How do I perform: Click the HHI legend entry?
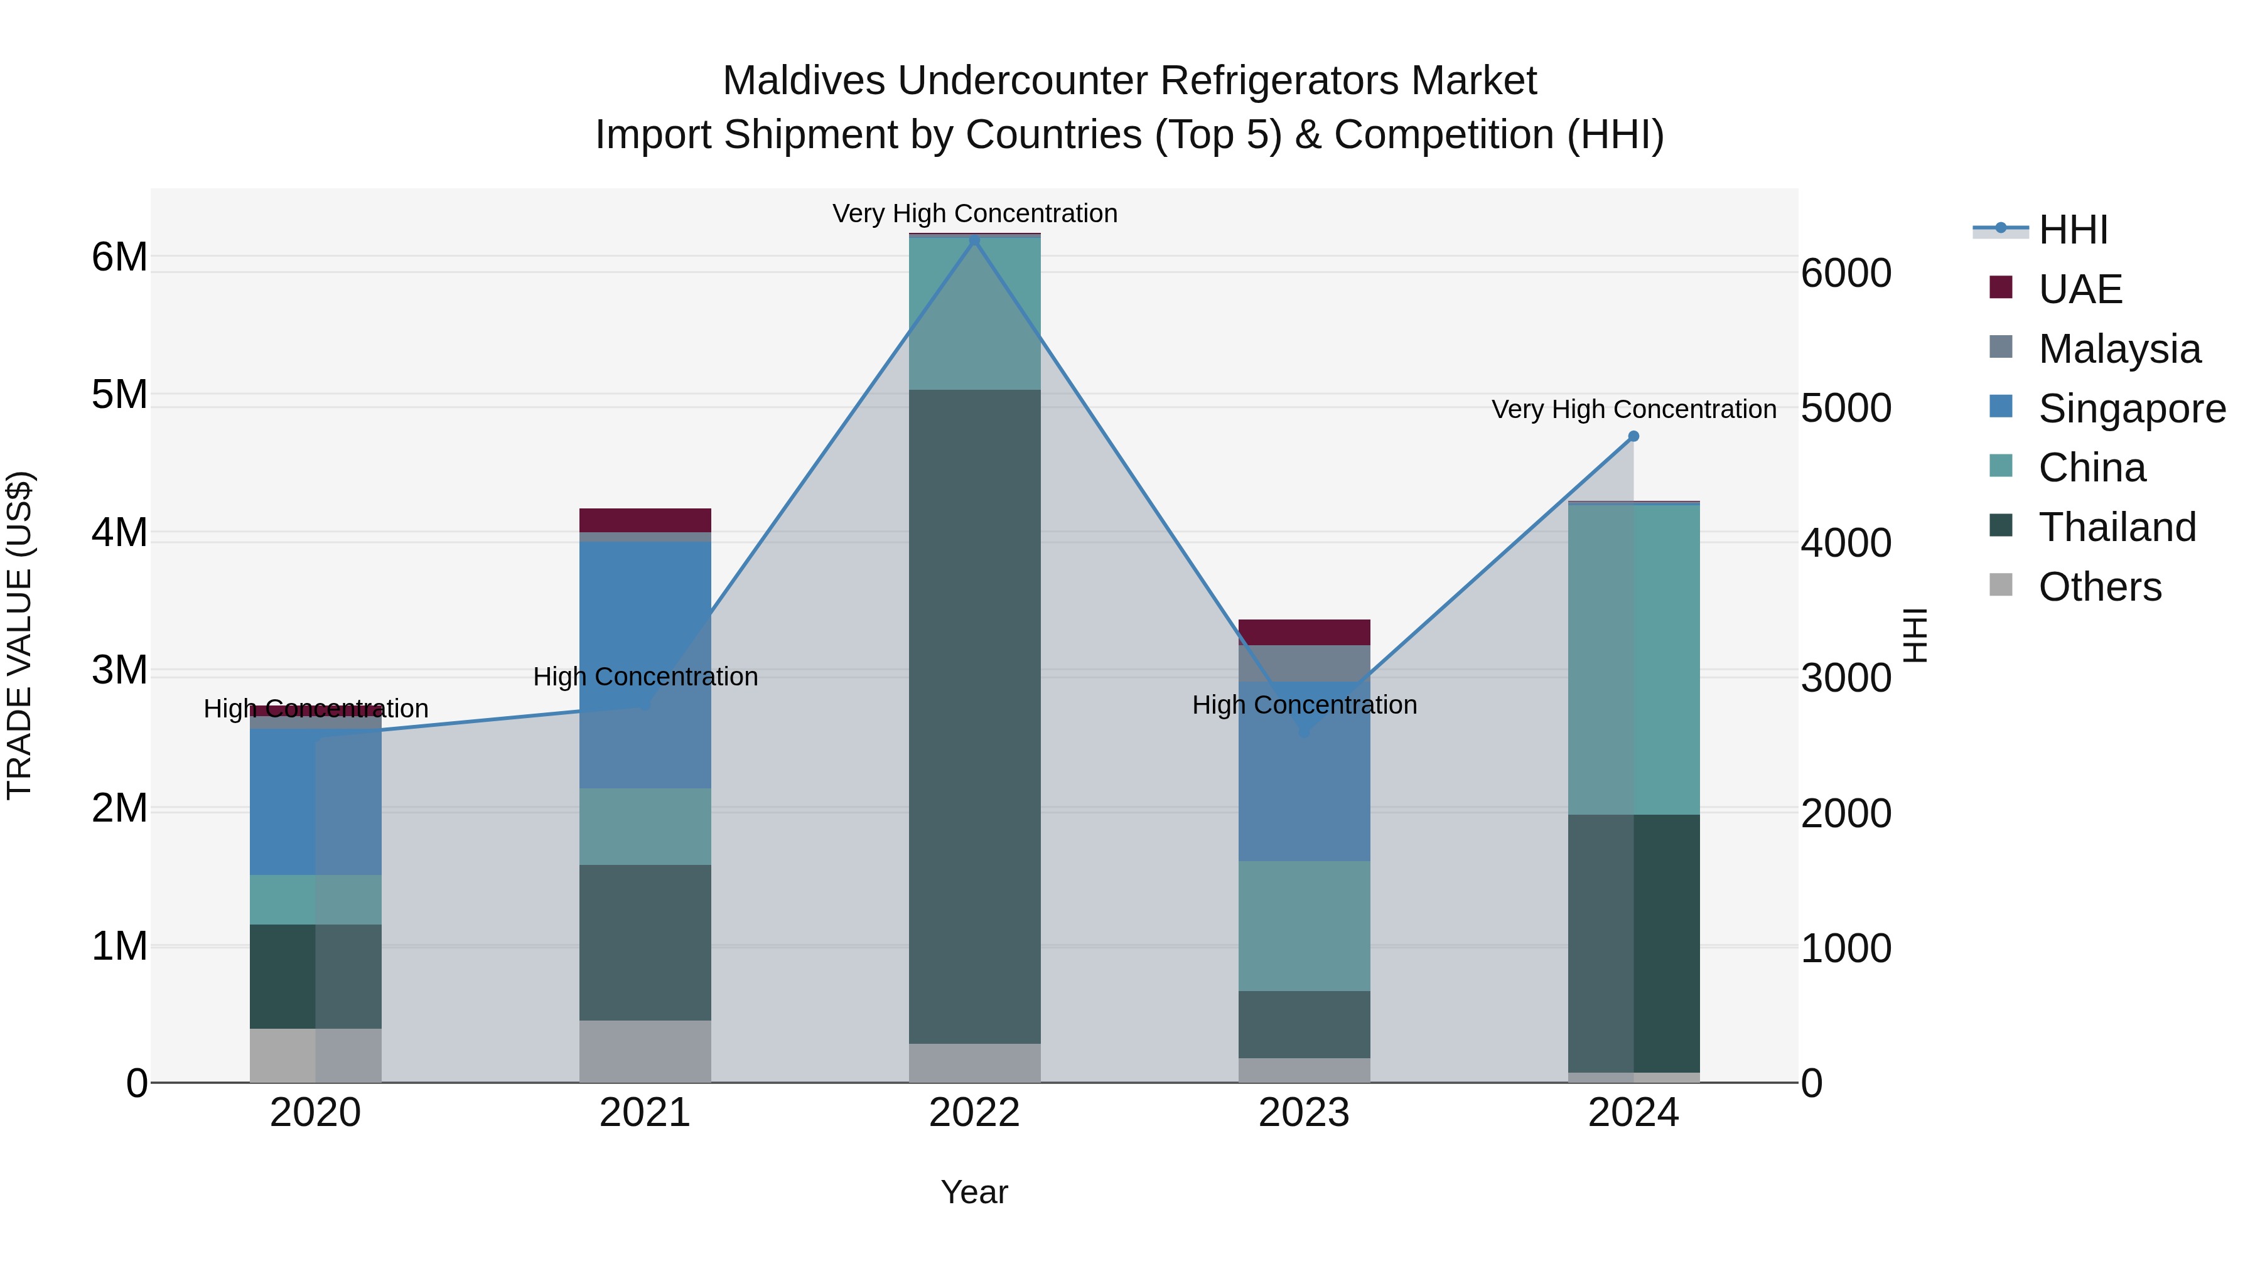tap(2072, 230)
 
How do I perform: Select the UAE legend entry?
tap(2079, 289)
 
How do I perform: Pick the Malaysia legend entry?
tap(2119, 349)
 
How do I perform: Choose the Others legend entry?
tap(2099, 587)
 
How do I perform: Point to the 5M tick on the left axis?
tap(119, 395)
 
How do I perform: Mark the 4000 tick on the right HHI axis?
tap(1846, 543)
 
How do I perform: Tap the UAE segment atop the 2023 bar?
tap(1304, 631)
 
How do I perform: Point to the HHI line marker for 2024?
tap(1633, 436)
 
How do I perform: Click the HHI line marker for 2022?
tap(974, 240)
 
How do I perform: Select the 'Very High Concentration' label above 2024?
tap(1633, 410)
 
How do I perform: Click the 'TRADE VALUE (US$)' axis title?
tap(19, 635)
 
